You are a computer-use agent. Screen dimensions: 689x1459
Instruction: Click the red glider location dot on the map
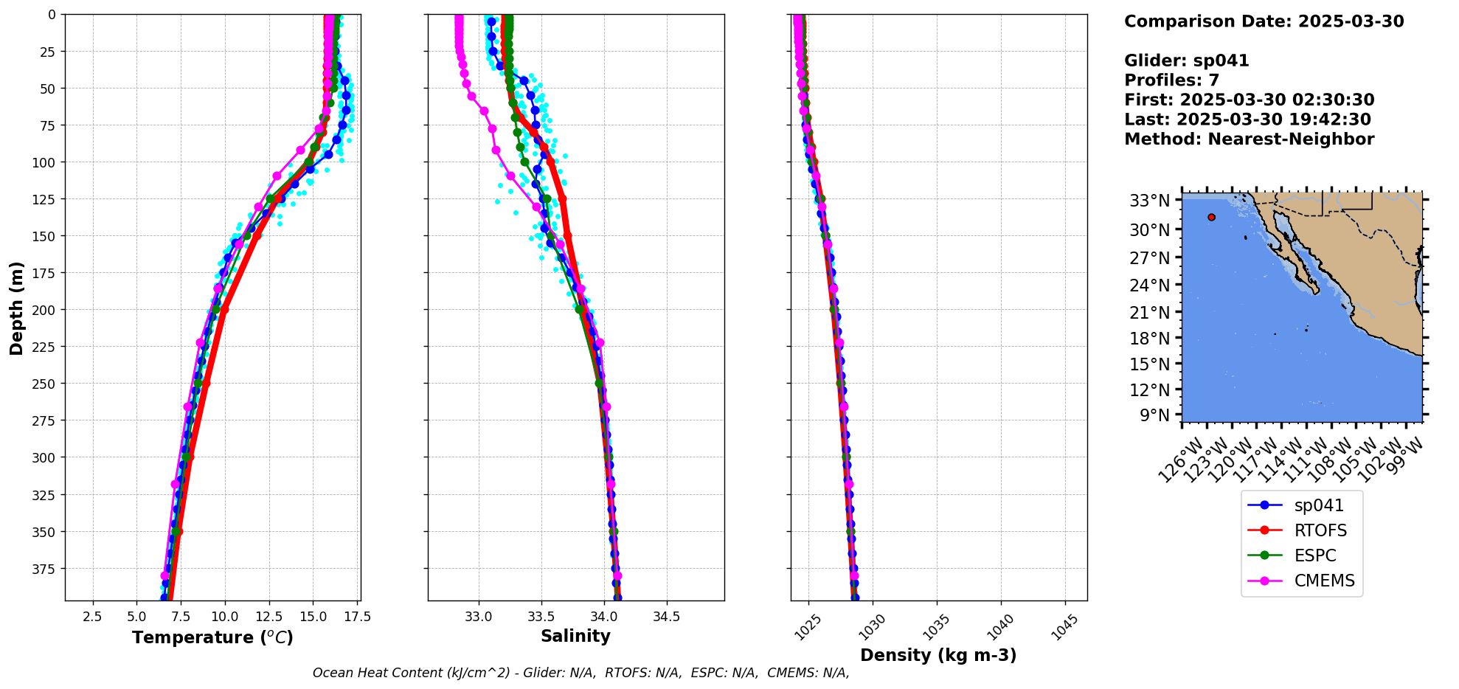1211,217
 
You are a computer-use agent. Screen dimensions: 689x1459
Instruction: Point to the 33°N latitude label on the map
1149,201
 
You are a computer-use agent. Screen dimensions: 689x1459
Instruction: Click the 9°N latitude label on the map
1154,415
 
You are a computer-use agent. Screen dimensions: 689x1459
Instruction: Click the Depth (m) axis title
16,308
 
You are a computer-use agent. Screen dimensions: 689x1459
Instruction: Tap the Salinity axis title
575,636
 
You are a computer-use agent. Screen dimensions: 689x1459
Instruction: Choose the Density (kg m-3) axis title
938,655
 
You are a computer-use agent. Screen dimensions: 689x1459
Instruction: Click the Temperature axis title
212,637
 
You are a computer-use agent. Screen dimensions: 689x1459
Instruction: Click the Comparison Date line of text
1264,21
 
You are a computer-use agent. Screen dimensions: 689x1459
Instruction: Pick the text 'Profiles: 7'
1171,80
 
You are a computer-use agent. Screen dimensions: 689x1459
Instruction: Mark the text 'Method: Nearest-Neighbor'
1249,139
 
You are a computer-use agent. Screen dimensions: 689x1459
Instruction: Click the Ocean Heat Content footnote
581,673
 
